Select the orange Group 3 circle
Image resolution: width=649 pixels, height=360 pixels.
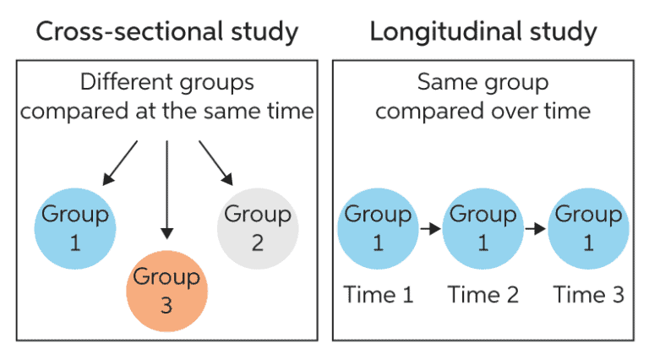tap(166, 290)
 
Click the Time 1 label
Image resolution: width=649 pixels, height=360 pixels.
tap(378, 294)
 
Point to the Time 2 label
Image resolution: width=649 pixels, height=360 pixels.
tap(483, 294)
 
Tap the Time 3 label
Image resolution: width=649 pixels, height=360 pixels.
tap(588, 294)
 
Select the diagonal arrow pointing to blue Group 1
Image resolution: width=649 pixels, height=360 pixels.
tap(120, 162)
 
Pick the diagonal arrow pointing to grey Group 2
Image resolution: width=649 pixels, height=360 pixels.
tap(216, 162)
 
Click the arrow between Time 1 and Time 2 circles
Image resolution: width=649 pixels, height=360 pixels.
tap(430, 228)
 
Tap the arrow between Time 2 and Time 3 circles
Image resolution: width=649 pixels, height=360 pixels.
tap(535, 228)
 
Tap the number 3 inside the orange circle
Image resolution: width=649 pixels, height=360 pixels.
tap(166, 304)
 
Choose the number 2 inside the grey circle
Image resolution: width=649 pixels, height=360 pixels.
tap(257, 243)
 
